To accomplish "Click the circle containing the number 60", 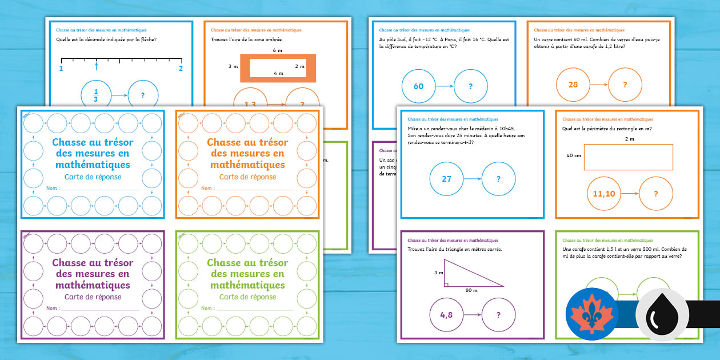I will click(419, 86).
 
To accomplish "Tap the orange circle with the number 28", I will click(573, 85).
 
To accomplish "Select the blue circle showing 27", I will click(446, 179).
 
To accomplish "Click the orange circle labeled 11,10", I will click(604, 194).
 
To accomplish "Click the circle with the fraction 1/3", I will click(96, 95).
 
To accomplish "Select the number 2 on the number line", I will click(182, 69).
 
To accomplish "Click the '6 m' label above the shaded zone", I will click(278, 50).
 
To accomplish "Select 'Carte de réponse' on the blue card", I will click(93, 177).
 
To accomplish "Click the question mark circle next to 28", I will click(625, 85).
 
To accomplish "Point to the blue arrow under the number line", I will click(96, 67).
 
